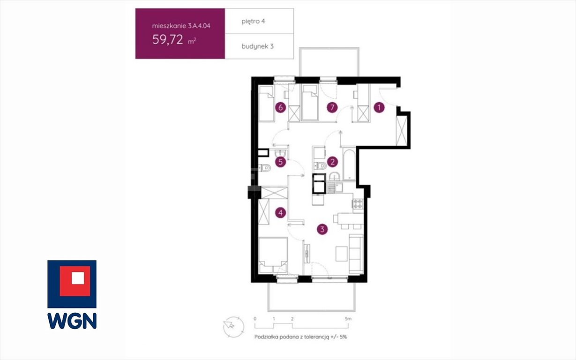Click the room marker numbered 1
[x=379, y=107]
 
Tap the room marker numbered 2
[x=332, y=162]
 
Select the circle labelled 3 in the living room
[x=322, y=229]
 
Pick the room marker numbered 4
[x=281, y=213]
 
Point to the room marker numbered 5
[x=281, y=162]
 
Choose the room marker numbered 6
[x=281, y=107]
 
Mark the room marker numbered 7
[x=332, y=107]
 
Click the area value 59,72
[x=168, y=39]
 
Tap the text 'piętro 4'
[x=253, y=21]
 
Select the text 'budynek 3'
[x=257, y=46]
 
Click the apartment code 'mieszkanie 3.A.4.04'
[x=181, y=26]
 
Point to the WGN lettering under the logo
[x=72, y=321]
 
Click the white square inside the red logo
[x=78, y=278]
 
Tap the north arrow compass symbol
[x=233, y=327]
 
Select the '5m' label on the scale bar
[x=348, y=319]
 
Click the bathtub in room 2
[x=349, y=164]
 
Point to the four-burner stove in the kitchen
[x=358, y=203]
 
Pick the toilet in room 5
[x=265, y=168]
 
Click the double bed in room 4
[x=273, y=255]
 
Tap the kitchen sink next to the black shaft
[x=335, y=187]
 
